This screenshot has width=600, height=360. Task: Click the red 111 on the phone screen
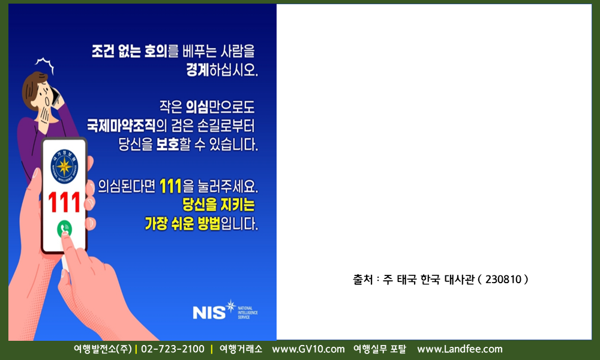coord(64,202)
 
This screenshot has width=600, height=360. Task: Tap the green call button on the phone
coord(64,229)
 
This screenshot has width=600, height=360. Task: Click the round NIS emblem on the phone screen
coord(64,166)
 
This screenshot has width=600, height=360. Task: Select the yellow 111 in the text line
coord(170,187)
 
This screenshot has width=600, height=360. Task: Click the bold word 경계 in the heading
coord(197,70)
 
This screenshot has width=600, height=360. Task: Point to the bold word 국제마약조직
coord(121,125)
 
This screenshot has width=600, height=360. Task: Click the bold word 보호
coord(167,144)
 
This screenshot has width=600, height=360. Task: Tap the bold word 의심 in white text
coord(197,107)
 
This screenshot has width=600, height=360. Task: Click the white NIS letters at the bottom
coord(209,313)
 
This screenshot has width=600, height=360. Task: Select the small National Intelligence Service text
coord(248,313)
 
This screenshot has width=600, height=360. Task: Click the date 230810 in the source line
coord(503,279)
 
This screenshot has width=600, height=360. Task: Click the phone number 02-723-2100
coord(173,349)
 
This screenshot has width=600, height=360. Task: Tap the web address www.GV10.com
coord(308,349)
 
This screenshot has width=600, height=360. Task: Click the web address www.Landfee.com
coord(460,349)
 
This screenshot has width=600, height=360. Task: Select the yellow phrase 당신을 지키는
coord(218,205)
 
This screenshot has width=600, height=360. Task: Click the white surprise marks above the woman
coord(45,65)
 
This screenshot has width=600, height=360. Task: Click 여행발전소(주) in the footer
coord(103,349)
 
